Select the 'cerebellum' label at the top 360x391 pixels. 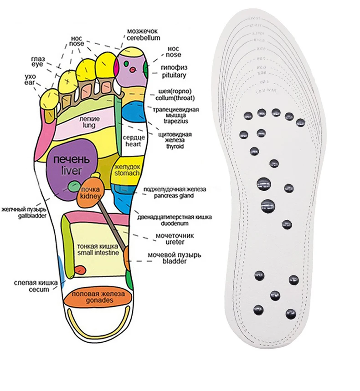142,39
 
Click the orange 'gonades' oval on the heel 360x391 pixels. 98,299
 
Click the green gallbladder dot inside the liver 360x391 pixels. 73,185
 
